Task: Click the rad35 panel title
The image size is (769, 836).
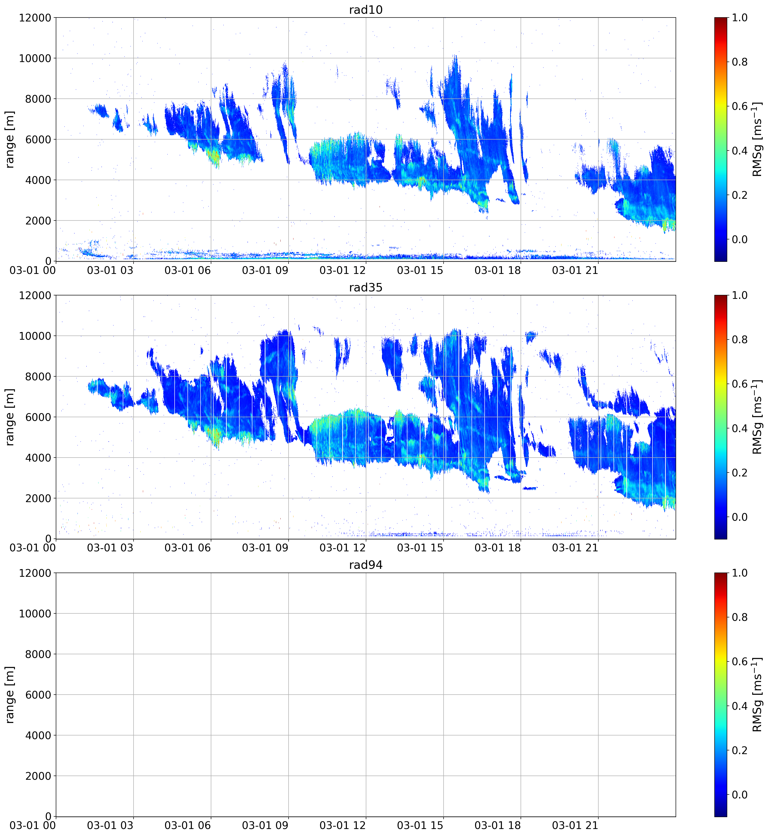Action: (x=366, y=287)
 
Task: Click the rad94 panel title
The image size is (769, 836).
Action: (x=366, y=565)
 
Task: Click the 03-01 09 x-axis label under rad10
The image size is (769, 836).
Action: (x=265, y=270)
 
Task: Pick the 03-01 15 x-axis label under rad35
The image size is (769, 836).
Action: (x=420, y=548)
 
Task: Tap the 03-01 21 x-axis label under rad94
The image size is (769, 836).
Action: (x=575, y=826)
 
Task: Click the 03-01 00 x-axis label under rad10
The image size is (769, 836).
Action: (x=32, y=270)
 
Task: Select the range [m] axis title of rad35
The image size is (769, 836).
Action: (x=10, y=417)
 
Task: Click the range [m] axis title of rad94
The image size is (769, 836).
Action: (x=10, y=695)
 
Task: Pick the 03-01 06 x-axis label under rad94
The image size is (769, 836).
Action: (x=188, y=826)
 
